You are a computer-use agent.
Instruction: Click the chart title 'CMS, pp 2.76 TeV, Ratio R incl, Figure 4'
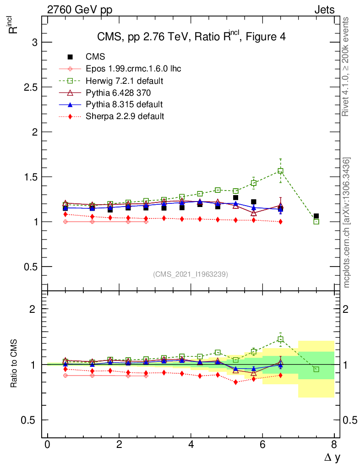click(191, 37)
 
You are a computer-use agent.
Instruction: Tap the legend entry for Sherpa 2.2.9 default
click(125, 116)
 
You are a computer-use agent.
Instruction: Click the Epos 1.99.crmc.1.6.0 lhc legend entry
click(133, 69)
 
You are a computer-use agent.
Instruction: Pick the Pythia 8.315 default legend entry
click(124, 104)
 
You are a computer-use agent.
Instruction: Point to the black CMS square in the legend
click(70, 57)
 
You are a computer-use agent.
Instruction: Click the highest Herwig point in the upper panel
click(280, 171)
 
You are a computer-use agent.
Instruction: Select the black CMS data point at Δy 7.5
click(316, 216)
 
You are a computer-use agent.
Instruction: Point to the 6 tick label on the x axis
click(262, 444)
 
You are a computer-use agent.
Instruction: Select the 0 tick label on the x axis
click(48, 444)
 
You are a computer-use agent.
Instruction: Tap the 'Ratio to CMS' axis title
click(14, 364)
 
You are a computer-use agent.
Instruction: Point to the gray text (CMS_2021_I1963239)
click(191, 274)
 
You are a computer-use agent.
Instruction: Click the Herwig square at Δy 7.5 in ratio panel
click(316, 369)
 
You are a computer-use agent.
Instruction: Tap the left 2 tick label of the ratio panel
click(32, 309)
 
